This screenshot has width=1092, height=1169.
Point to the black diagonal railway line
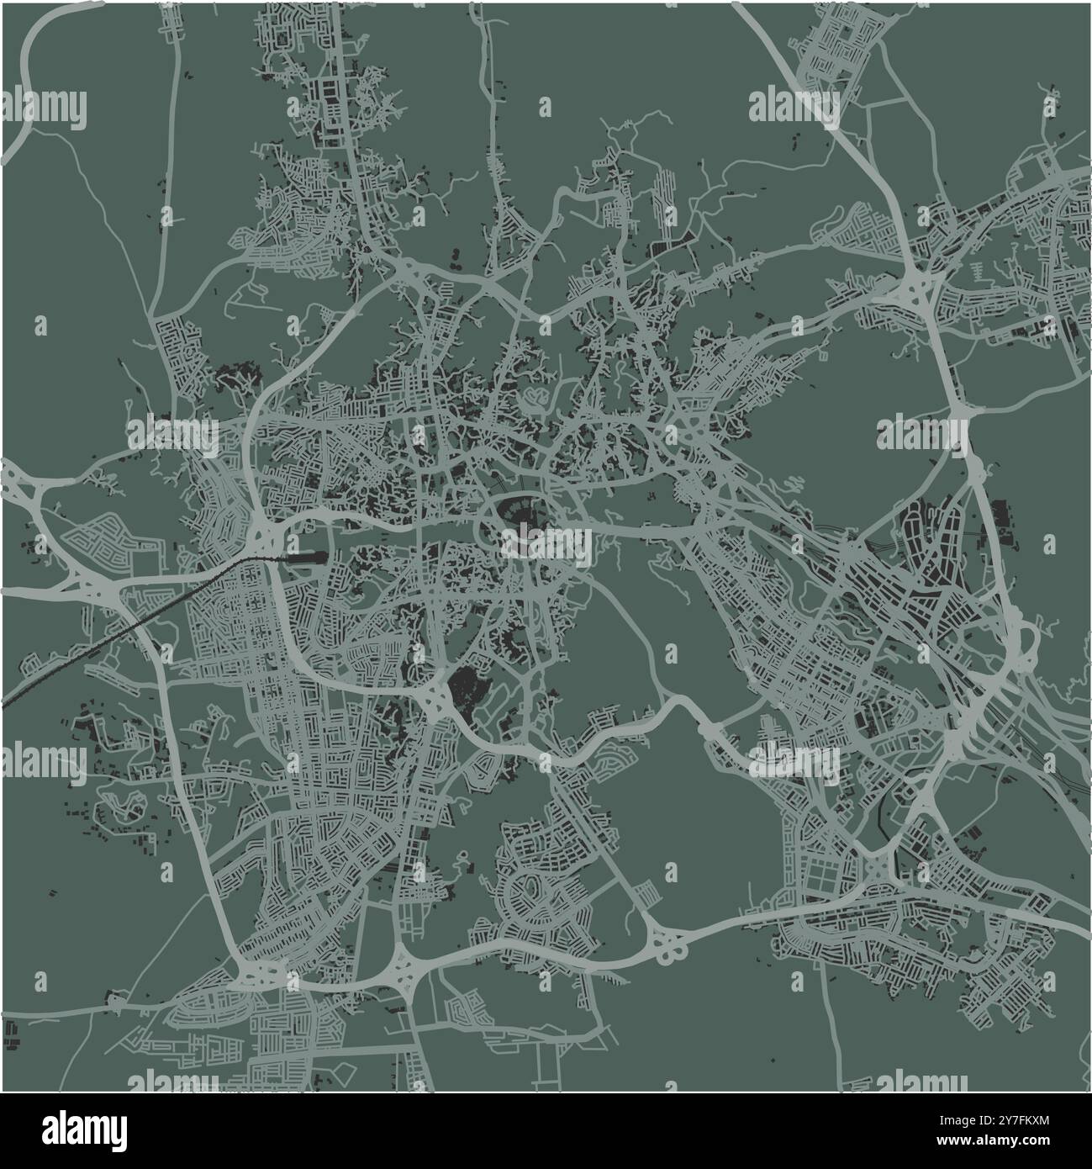click(126, 622)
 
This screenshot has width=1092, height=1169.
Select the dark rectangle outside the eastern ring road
click(1002, 516)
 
